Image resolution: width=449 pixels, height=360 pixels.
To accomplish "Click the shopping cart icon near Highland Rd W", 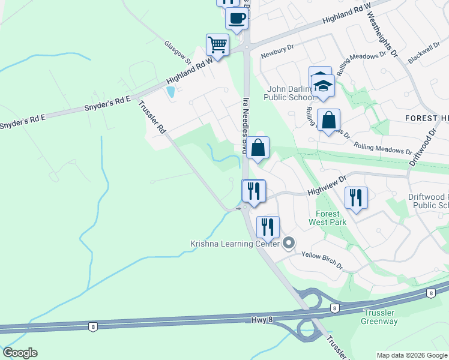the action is (x=217, y=44).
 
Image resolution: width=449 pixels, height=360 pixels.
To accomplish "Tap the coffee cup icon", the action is (x=237, y=18).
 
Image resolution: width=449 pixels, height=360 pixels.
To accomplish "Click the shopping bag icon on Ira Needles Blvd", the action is (x=258, y=148).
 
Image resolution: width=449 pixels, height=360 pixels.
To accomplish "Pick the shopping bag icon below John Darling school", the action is (x=329, y=120).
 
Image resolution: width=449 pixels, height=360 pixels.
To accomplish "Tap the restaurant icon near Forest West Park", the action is (x=356, y=197).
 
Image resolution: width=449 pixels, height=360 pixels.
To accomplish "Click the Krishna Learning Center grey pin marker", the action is (x=289, y=244).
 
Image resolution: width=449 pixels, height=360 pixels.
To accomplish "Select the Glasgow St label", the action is (x=178, y=52).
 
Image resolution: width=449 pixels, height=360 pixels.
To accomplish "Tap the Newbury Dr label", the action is (x=277, y=53).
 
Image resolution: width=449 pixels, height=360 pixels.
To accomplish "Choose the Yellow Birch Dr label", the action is (x=321, y=259).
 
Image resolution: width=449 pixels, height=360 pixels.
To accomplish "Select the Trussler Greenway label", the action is (x=379, y=317).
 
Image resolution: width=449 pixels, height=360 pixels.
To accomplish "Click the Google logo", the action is (x=20, y=353).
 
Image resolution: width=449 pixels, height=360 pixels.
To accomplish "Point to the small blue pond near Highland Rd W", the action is (x=170, y=92).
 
